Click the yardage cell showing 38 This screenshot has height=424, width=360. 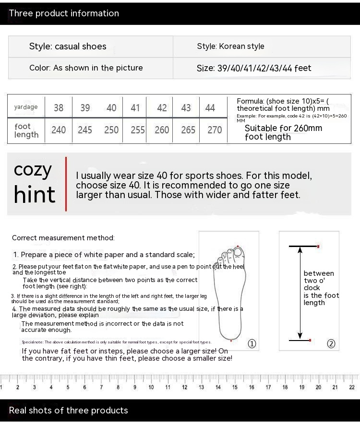pos(59,108)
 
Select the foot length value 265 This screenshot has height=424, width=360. pos(188,130)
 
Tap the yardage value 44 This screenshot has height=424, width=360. pos(210,108)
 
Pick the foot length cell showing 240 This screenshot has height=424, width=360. pos(59,130)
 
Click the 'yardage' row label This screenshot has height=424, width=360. pos(26,107)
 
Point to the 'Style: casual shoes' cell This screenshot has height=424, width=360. pos(68,47)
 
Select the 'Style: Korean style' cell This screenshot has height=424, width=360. pos(230,47)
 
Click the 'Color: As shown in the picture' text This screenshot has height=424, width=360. pos(86,68)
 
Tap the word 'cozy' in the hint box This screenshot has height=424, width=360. pos(33,169)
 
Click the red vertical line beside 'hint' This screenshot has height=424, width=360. pos(66,184)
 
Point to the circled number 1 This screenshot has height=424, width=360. pos(252,343)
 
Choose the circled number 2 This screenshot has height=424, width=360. pos(331,343)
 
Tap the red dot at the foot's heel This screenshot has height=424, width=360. pos(231,341)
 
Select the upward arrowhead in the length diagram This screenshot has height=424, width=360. pos(300,249)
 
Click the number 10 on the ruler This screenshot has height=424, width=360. pos(151,388)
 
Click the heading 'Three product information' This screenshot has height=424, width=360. pos(64,13)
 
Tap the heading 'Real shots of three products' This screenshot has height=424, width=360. pos(69,411)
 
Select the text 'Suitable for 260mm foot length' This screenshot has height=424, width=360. pos(283,132)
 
